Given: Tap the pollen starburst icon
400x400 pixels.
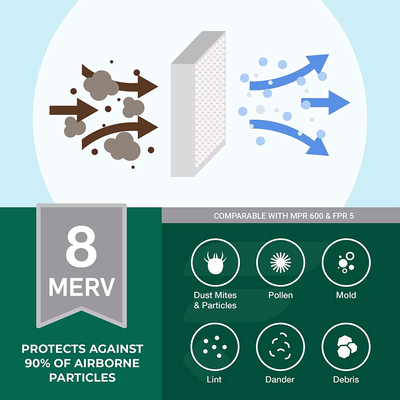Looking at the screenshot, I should [x=281, y=263].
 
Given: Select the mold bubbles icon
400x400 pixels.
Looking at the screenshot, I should [x=346, y=263].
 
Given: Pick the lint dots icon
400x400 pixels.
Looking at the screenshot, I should [x=215, y=347].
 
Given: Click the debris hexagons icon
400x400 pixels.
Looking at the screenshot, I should [x=346, y=347].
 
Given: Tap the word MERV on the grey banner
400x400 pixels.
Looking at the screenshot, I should [x=82, y=287].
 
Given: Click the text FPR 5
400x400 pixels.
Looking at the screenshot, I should [x=343, y=216].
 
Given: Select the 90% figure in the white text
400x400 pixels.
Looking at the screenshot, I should [x=37, y=363].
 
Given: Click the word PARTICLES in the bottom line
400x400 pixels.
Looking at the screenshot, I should [x=82, y=378].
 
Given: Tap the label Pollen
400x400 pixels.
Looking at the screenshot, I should [x=281, y=295].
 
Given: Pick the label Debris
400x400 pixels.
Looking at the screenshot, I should [x=346, y=379].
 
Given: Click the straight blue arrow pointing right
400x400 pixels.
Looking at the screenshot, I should [x=327, y=103].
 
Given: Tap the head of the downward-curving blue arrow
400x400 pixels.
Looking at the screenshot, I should [x=319, y=147].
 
